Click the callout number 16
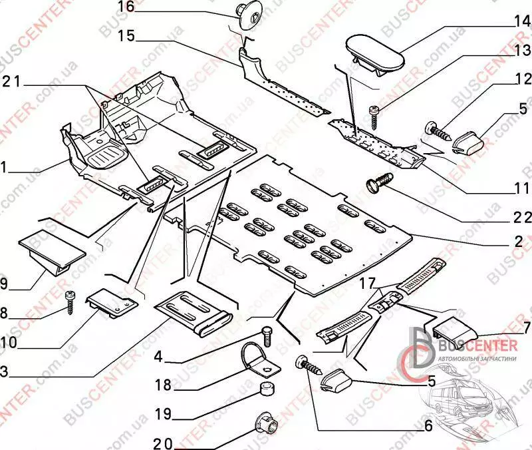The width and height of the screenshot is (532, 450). pyautogui.click(x=126, y=8)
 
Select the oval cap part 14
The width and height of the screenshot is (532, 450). pyautogui.click(x=374, y=53)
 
